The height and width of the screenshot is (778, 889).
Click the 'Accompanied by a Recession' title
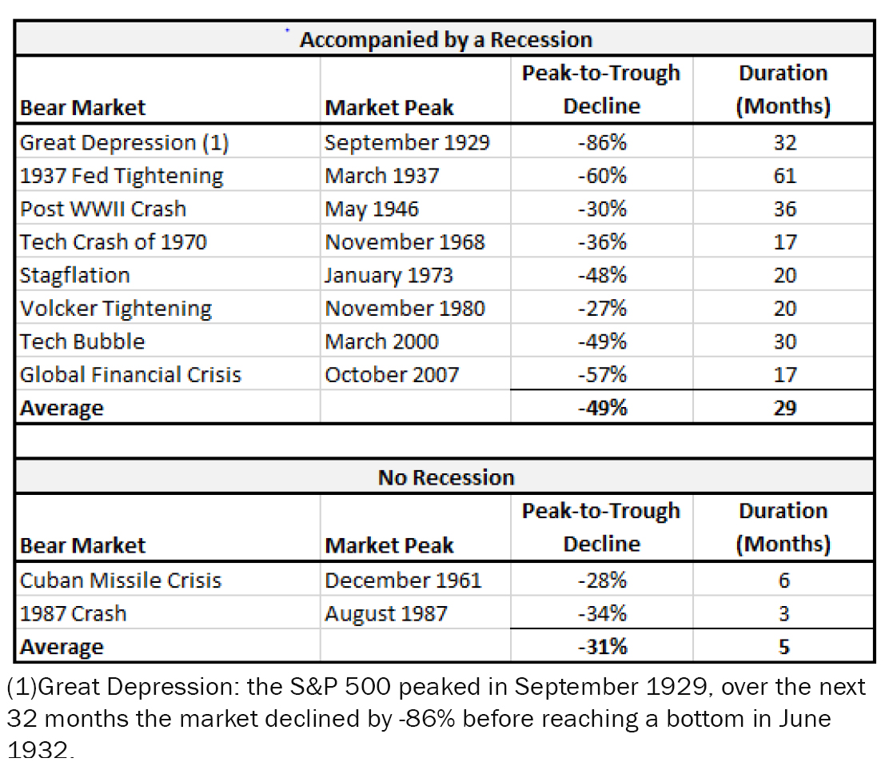tap(445, 39)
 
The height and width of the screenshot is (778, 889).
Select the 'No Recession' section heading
tap(445, 477)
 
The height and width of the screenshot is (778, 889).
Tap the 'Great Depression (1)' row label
tap(124, 142)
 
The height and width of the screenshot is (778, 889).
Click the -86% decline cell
tap(601, 142)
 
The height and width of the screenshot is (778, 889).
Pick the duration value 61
tap(783, 176)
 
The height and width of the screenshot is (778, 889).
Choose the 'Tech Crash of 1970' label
tap(113, 241)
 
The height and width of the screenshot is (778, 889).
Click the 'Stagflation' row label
tap(74, 275)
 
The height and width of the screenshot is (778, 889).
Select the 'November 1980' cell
tap(405, 309)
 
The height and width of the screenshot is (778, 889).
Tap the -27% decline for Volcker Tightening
tap(601, 309)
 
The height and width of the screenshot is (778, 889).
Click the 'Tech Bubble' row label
tap(82, 341)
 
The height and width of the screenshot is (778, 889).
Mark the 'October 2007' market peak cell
tap(392, 375)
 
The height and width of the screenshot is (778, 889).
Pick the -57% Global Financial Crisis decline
tap(601, 375)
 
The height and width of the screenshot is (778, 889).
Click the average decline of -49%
tap(601, 408)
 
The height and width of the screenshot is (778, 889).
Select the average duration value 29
tap(783, 408)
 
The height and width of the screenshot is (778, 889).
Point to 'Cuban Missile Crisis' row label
tap(120, 580)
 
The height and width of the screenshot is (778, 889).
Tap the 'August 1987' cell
tap(386, 613)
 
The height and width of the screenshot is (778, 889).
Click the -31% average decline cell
tap(601, 646)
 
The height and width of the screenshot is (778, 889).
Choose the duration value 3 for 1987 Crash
tap(783, 613)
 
